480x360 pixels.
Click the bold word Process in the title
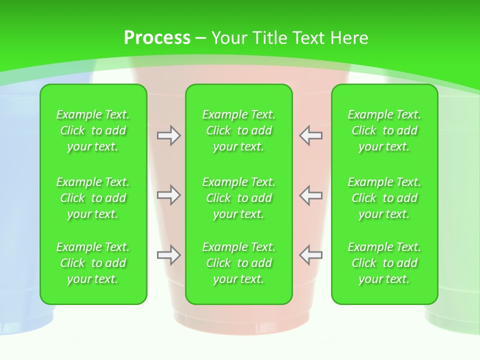pyautogui.click(x=157, y=38)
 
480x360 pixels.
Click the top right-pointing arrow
pyautogui.click(x=168, y=135)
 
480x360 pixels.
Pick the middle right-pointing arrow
pyautogui.click(x=168, y=195)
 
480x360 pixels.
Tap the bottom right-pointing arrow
pyautogui.click(x=168, y=255)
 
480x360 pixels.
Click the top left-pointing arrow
pyautogui.click(x=310, y=135)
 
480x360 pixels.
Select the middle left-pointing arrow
pyautogui.click(x=310, y=195)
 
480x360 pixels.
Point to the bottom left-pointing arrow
pyautogui.click(x=310, y=255)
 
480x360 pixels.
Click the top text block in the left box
pyautogui.click(x=93, y=130)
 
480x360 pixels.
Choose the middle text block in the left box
pyautogui.click(x=93, y=198)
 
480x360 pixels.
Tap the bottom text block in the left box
pyautogui.click(x=93, y=263)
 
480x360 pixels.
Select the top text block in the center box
pyautogui.click(x=238, y=130)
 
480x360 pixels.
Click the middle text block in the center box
pyautogui.click(x=238, y=198)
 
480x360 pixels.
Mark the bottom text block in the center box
pyautogui.click(x=238, y=263)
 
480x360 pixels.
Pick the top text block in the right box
pyautogui.click(x=384, y=130)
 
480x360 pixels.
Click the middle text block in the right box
pyautogui.click(x=384, y=198)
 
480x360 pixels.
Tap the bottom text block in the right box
pyautogui.click(x=384, y=263)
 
